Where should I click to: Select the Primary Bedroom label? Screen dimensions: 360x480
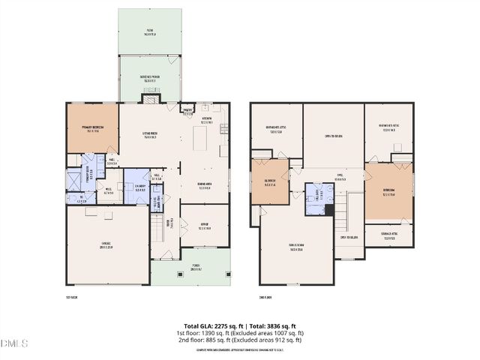[x=92, y=127]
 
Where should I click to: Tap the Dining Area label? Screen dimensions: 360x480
[x=205, y=187]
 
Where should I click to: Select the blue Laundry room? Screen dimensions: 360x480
[x=136, y=190]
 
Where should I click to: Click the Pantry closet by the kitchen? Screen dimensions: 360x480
[x=187, y=112]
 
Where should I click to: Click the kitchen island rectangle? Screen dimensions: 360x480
[x=199, y=138]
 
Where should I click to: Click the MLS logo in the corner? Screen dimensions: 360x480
[x=13, y=344]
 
